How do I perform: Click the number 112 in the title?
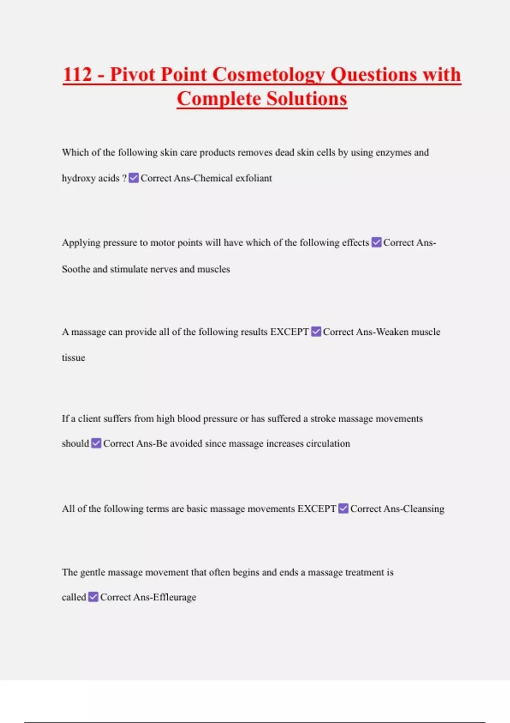(77, 74)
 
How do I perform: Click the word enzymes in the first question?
(393, 153)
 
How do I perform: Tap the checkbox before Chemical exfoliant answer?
(133, 178)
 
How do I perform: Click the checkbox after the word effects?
(377, 242)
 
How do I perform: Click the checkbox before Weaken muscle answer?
(316, 332)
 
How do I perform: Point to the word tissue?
(73, 358)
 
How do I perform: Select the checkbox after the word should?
(96, 443)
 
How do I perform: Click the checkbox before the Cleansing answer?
(343, 509)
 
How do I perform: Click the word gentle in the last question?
(92, 572)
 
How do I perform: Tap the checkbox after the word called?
(93, 597)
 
